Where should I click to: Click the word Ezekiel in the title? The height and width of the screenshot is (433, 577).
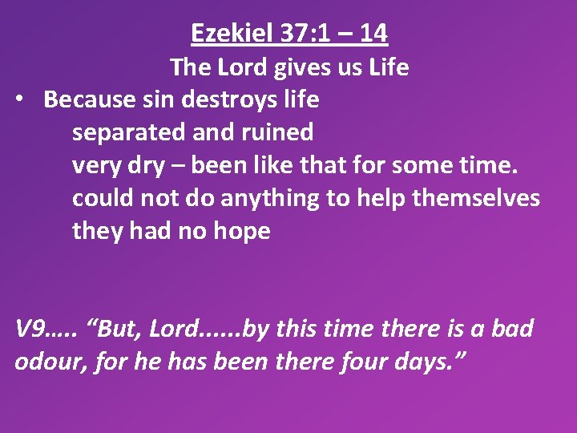(x=224, y=33)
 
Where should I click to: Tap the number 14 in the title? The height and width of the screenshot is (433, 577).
(x=373, y=33)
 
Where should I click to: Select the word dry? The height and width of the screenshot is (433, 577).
(x=141, y=166)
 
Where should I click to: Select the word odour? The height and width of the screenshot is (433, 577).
(x=47, y=362)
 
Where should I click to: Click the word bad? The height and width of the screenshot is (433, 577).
(x=513, y=329)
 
